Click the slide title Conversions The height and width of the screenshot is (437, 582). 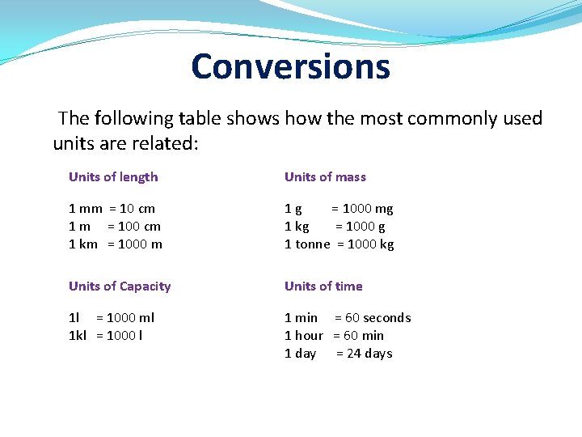pyautogui.click(x=290, y=66)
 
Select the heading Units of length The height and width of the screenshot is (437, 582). pyautogui.click(x=113, y=177)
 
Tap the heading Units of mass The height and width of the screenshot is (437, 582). pyautogui.click(x=325, y=177)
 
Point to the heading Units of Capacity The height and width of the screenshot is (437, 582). pyautogui.click(x=120, y=286)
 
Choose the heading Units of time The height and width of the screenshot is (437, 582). pyautogui.click(x=323, y=286)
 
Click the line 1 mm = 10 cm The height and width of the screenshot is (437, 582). pyautogui.click(x=112, y=209)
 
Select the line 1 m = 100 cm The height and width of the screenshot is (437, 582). pyautogui.click(x=114, y=227)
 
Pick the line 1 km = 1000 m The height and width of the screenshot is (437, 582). pyautogui.click(x=115, y=244)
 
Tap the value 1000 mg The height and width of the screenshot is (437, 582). pyautogui.click(x=368, y=209)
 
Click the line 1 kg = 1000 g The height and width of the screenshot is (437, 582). pyautogui.click(x=335, y=227)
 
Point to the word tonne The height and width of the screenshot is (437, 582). pyautogui.click(x=313, y=244)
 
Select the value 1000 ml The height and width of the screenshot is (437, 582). pyautogui.click(x=132, y=318)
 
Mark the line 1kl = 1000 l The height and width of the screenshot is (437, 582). pyautogui.click(x=105, y=336)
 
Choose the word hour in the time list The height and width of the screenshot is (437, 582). pyautogui.click(x=309, y=336)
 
